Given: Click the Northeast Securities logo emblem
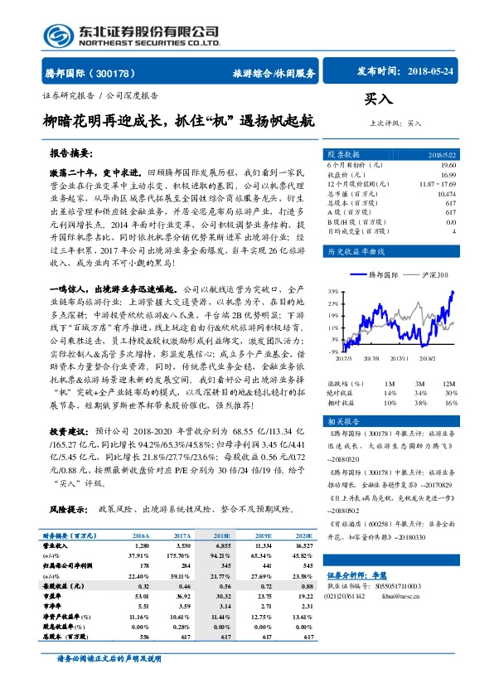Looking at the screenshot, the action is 57,34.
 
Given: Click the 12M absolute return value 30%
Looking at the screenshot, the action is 450,392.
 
